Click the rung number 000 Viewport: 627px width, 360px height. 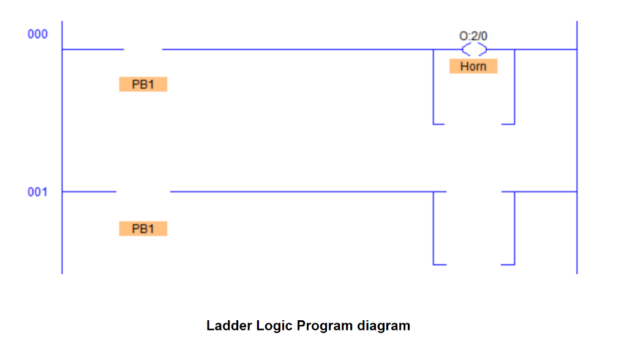click(x=37, y=34)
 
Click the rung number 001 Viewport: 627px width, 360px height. click(x=37, y=192)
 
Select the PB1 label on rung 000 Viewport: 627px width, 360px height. click(x=143, y=84)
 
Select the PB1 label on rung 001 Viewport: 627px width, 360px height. click(x=143, y=229)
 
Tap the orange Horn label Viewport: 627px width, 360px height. click(x=473, y=66)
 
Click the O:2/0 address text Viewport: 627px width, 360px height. click(x=473, y=36)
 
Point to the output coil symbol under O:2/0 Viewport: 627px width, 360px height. click(x=475, y=50)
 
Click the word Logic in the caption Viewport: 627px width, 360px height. click(x=271, y=326)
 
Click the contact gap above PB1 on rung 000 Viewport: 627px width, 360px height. click(x=143, y=50)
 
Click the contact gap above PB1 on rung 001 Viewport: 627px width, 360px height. click(x=143, y=192)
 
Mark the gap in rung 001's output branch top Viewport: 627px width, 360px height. click(x=474, y=192)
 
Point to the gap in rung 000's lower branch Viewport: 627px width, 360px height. click(x=473, y=124)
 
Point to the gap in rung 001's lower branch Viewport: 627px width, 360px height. click(x=473, y=264)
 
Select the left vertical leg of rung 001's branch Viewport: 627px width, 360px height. click(x=434, y=228)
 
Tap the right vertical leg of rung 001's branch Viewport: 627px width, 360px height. click(x=514, y=228)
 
